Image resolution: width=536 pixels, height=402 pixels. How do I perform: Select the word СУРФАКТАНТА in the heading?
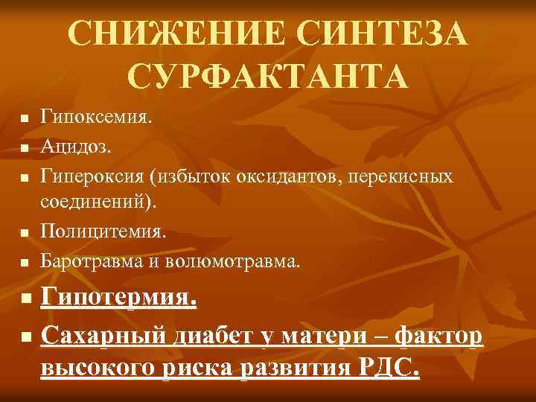click(x=267, y=75)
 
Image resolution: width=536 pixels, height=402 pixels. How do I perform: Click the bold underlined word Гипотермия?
click(x=119, y=300)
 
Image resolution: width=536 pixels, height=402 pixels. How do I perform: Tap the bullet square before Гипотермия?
click(x=25, y=301)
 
